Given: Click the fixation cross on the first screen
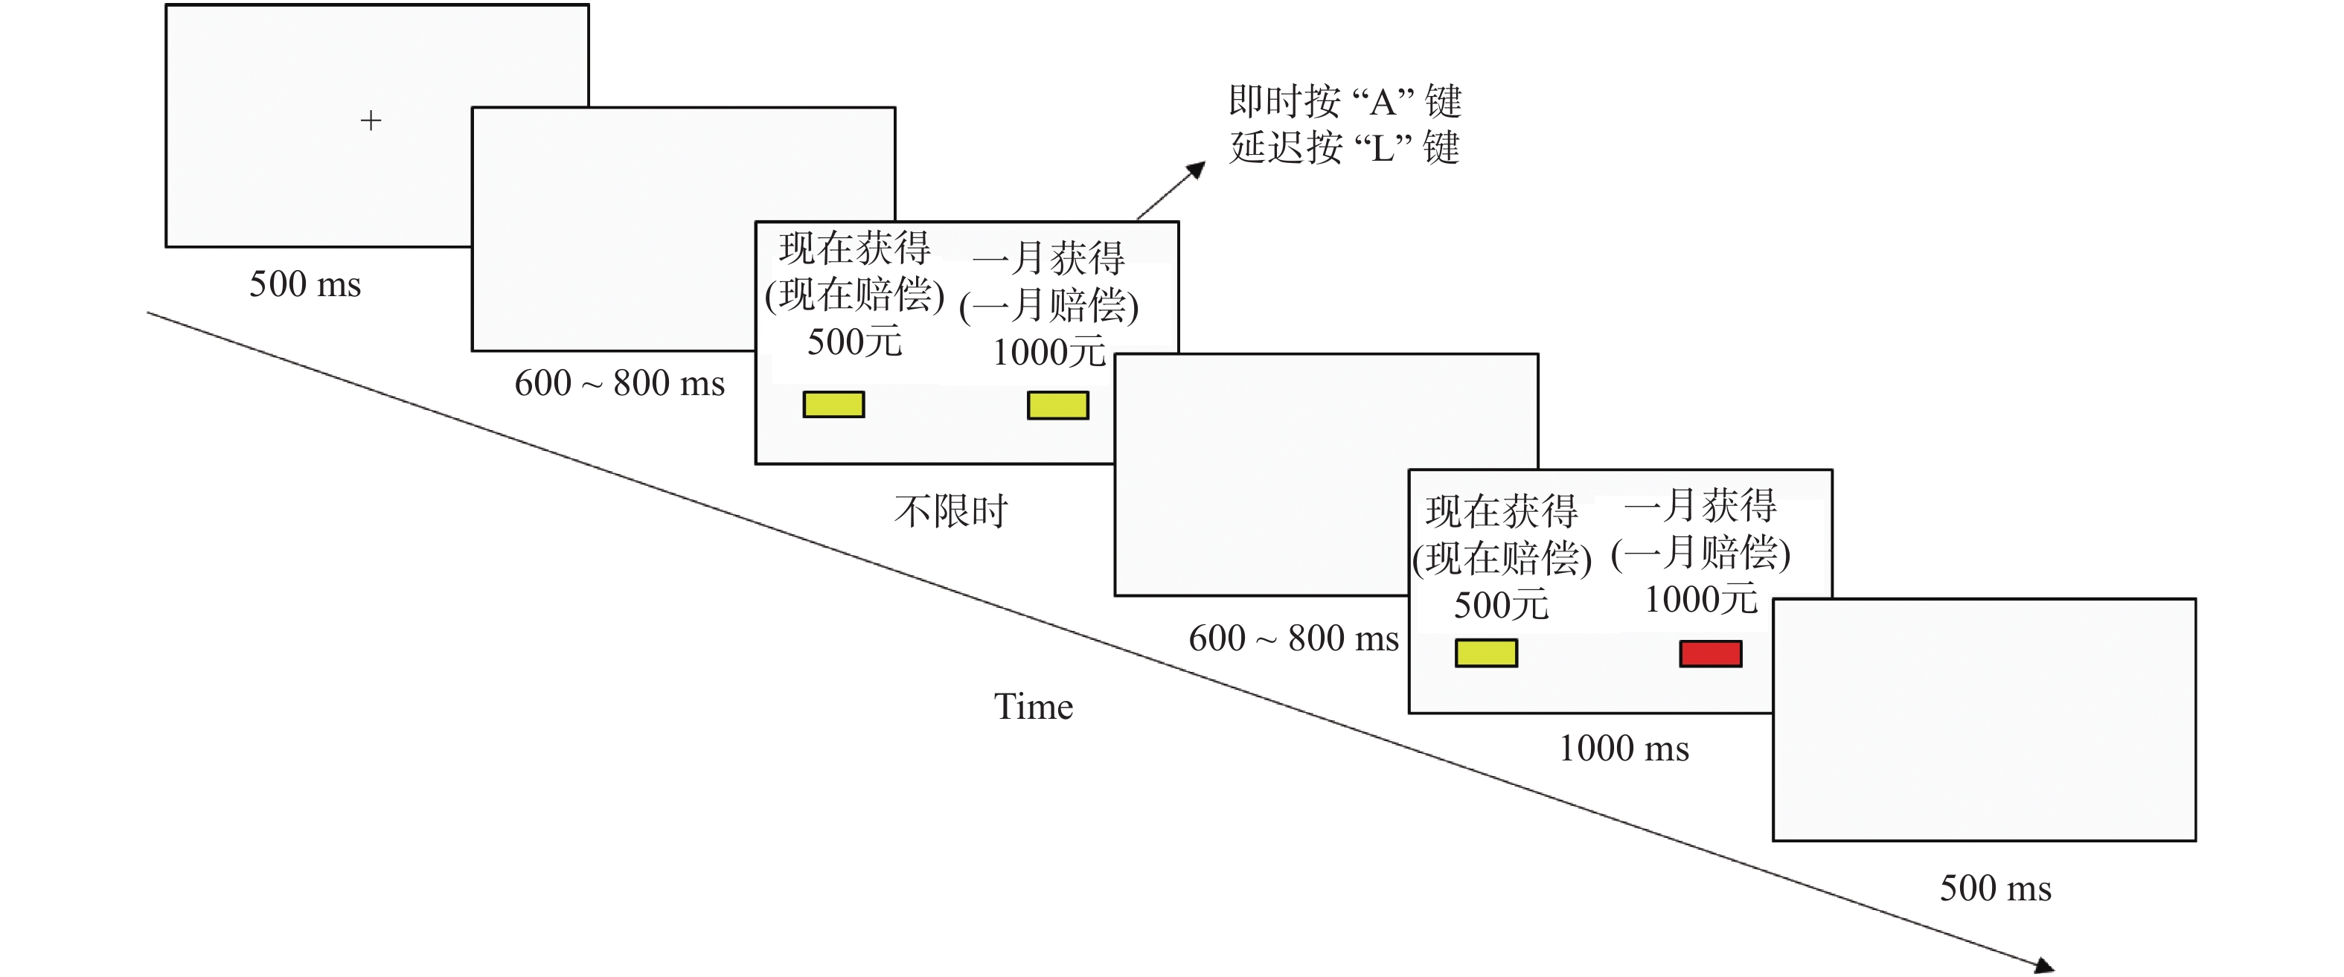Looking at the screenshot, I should click(371, 120).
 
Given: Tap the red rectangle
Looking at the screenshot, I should click(1710, 653).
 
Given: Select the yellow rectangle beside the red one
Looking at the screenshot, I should click(1485, 653).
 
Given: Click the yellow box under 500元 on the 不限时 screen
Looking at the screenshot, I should click(833, 404).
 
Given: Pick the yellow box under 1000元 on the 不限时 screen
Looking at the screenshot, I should click(1057, 405).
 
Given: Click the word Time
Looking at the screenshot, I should click(1033, 707).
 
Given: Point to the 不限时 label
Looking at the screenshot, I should click(951, 511).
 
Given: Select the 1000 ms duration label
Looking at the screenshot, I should click(1624, 749).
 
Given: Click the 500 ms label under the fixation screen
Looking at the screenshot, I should click(305, 284).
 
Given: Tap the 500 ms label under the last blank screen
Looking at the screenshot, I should click(1994, 888).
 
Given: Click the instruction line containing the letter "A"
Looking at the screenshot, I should click(1344, 101).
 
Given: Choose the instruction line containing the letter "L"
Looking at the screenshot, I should click(1344, 147).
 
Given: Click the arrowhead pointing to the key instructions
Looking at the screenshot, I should click(1197, 170).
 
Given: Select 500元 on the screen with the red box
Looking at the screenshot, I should click(1500, 605).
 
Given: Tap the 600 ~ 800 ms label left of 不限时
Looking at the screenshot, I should click(619, 383).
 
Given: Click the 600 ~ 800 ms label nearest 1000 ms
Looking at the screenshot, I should click(1293, 638).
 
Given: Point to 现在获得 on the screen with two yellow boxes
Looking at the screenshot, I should click(854, 248).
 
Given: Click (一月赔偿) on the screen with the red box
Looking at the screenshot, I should click(1700, 553).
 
